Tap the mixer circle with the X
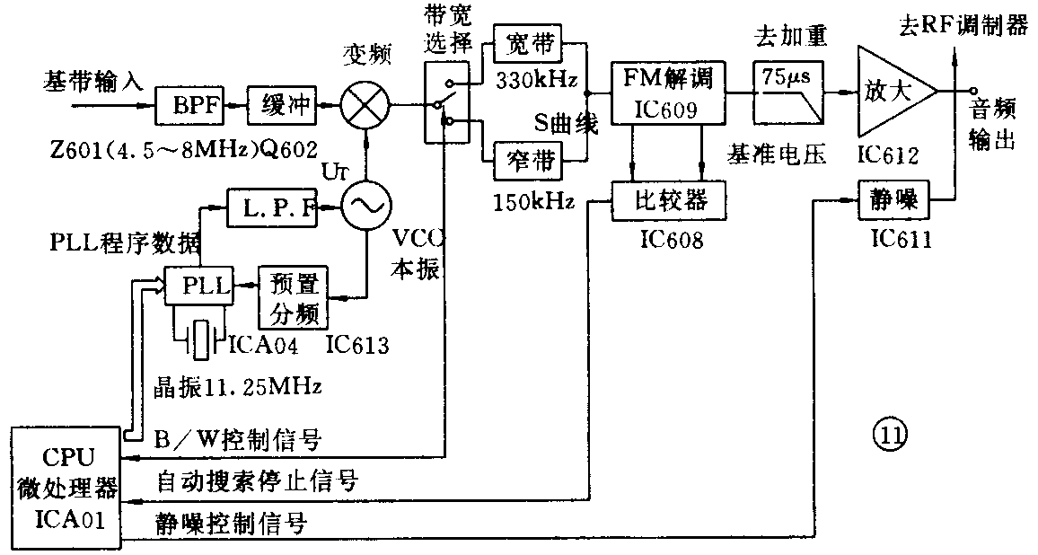(x=365, y=106)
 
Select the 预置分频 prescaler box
(x=292, y=297)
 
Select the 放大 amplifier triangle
(x=889, y=91)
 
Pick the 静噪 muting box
(x=890, y=201)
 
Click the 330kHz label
(x=533, y=78)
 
